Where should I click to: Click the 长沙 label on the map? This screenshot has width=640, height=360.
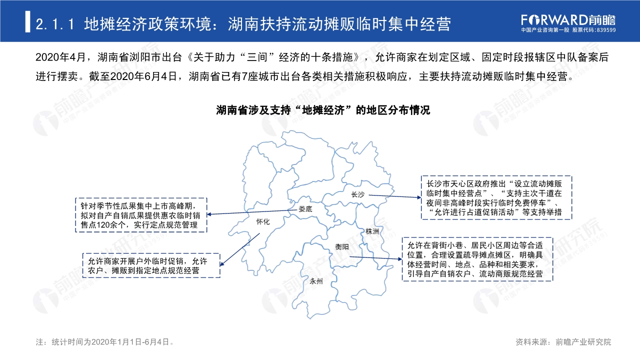[x=358, y=194]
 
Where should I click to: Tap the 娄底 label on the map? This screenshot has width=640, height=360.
[x=305, y=209]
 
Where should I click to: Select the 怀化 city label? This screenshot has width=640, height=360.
[x=262, y=222]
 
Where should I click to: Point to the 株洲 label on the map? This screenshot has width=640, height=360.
[x=372, y=231]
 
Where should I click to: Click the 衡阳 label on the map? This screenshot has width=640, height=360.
[x=342, y=246]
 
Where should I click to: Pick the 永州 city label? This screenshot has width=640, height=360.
[x=316, y=281]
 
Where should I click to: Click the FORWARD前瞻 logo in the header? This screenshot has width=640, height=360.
[x=568, y=19]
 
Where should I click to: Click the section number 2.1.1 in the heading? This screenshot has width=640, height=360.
[x=55, y=23]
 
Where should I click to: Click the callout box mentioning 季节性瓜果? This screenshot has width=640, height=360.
[x=140, y=215]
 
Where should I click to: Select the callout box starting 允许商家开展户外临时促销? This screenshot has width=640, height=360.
[x=151, y=265]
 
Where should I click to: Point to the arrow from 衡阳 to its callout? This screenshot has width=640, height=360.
[x=375, y=258]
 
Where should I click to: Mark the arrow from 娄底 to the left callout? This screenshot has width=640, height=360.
[x=250, y=212]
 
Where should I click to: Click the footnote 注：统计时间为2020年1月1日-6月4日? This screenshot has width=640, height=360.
[x=105, y=342]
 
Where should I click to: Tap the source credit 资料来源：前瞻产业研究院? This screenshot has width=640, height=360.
[x=563, y=342]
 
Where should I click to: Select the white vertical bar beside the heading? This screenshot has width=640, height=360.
[x=27, y=22]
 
